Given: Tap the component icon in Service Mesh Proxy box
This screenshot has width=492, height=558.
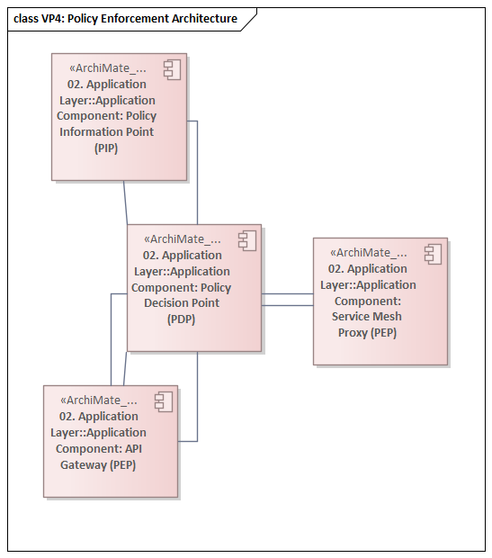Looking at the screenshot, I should (433, 253).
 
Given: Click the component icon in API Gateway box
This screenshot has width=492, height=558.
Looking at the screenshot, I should (163, 401).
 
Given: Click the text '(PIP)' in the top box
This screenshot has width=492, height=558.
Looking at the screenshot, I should (106, 148).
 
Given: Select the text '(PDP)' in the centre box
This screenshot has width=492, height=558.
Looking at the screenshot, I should (182, 319).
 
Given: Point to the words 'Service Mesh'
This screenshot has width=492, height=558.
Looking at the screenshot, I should (367, 317).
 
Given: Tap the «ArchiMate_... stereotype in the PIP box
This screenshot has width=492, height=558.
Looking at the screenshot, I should (107, 68).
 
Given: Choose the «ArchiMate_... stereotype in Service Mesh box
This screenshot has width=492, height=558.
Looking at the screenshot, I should (368, 253).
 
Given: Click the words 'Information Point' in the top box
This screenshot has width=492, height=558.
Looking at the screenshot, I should (106, 131).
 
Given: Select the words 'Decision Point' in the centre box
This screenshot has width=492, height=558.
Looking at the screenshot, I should (181, 303).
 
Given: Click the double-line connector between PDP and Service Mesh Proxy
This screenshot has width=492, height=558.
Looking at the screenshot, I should (287, 300).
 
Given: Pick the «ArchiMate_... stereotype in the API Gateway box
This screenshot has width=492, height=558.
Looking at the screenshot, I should (98, 400).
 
